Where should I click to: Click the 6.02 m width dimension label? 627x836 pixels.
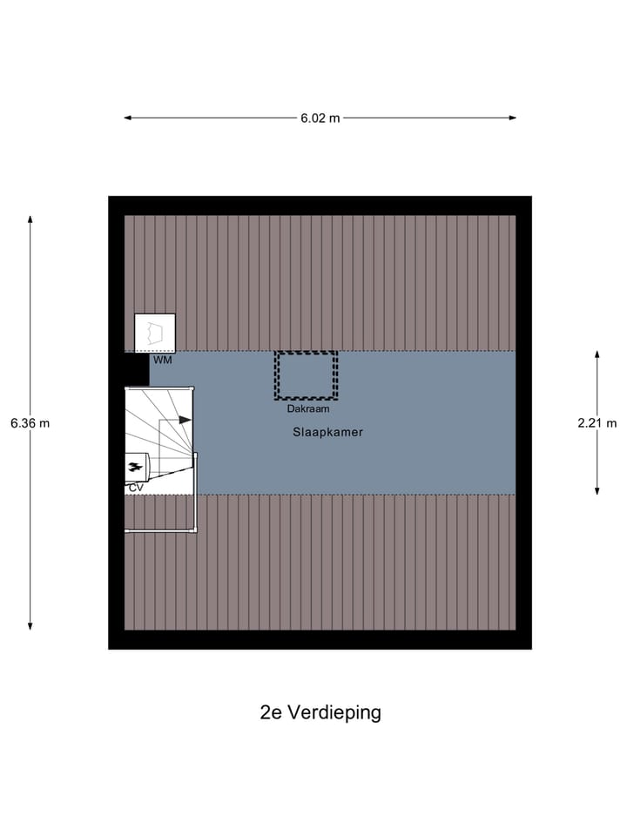point(320,118)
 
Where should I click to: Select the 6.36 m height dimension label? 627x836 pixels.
point(30,423)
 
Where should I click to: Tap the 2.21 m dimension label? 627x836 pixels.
point(597,423)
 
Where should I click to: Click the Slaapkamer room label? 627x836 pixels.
point(328,432)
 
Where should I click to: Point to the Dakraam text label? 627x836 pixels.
point(307,408)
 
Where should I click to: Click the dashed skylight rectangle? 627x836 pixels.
point(306,375)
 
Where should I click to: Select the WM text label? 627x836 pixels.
point(163,360)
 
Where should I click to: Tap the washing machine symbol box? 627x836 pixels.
point(155,333)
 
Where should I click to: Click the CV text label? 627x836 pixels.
point(136,489)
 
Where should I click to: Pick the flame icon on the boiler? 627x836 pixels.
point(135,467)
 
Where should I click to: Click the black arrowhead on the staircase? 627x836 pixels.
point(185,420)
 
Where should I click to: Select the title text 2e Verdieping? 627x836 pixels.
point(320,712)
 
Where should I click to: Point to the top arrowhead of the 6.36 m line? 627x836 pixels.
point(30,219)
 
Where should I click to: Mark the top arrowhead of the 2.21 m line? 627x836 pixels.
point(597,355)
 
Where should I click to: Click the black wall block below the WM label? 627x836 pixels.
point(135,369)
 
